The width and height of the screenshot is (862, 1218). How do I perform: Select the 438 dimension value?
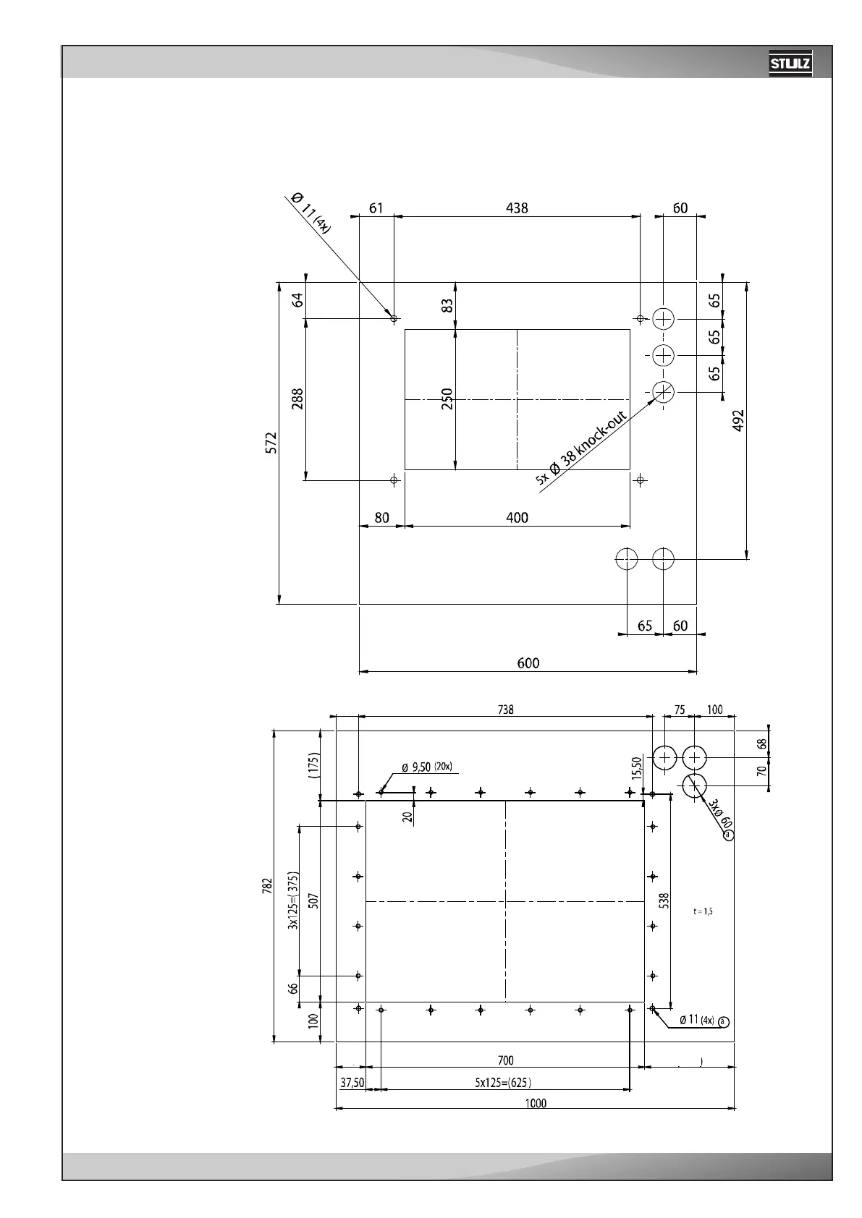pyautogui.click(x=517, y=208)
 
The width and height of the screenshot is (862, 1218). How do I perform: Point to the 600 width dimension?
pyautogui.click(x=528, y=663)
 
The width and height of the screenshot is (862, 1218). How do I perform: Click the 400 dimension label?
pyautogui.click(x=517, y=518)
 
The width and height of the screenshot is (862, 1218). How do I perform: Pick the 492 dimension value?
pyautogui.click(x=738, y=421)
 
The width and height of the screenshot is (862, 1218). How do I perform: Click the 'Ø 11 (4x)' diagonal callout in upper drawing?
pyautogui.click(x=310, y=211)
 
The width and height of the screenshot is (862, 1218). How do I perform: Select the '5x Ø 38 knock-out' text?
pyautogui.click(x=581, y=446)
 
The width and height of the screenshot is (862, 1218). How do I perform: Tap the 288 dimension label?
pyautogui.click(x=297, y=399)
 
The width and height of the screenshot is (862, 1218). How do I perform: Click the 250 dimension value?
pyautogui.click(x=447, y=399)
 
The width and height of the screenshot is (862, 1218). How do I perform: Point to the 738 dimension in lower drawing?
pyautogui.click(x=505, y=710)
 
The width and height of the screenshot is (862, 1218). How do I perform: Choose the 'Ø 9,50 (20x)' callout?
pyautogui.click(x=426, y=767)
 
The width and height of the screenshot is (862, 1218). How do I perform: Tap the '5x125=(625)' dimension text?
pyautogui.click(x=506, y=1083)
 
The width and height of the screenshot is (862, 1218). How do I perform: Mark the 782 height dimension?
pyautogui.click(x=267, y=887)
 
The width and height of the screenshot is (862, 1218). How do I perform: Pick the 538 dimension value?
pyautogui.click(x=664, y=900)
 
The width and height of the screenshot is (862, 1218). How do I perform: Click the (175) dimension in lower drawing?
pyautogui.click(x=313, y=765)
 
